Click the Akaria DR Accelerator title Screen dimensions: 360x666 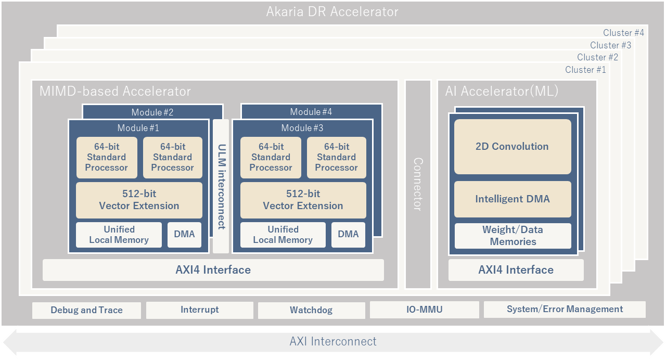(x=332, y=11)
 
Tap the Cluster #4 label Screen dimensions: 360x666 (x=623, y=33)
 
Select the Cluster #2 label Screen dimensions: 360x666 (x=597, y=57)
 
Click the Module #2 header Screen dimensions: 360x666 (x=152, y=112)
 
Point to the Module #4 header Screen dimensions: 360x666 (x=311, y=112)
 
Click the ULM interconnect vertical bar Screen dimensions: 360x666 (x=221, y=186)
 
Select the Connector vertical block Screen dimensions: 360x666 (x=418, y=184)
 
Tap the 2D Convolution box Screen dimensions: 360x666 (x=513, y=147)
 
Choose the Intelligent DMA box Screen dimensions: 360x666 (x=513, y=199)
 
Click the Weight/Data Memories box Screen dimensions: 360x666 (x=513, y=236)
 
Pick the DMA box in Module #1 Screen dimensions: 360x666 (x=184, y=235)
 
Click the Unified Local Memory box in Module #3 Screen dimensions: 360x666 (x=283, y=235)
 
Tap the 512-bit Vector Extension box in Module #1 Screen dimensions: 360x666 (x=139, y=200)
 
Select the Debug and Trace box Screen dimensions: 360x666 (x=86, y=311)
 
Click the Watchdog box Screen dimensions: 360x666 (x=311, y=311)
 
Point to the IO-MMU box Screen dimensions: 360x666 (x=424, y=310)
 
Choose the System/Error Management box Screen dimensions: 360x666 (x=565, y=310)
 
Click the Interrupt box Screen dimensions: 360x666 (x=199, y=310)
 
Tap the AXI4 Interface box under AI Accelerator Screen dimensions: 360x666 (x=516, y=270)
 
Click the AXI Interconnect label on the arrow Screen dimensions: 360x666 (x=333, y=342)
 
